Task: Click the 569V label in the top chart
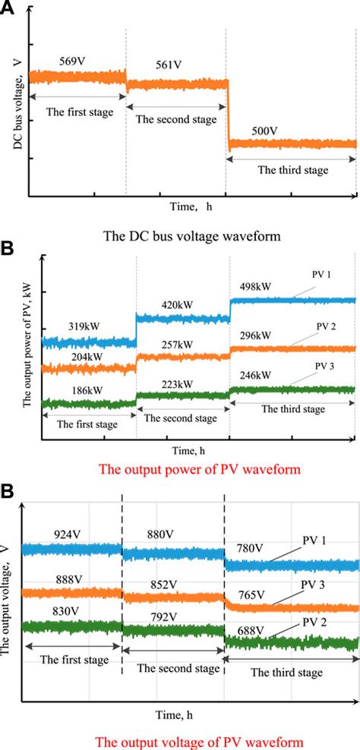pos(73,60)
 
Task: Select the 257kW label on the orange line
pos(176,345)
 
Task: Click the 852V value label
pos(163,584)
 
